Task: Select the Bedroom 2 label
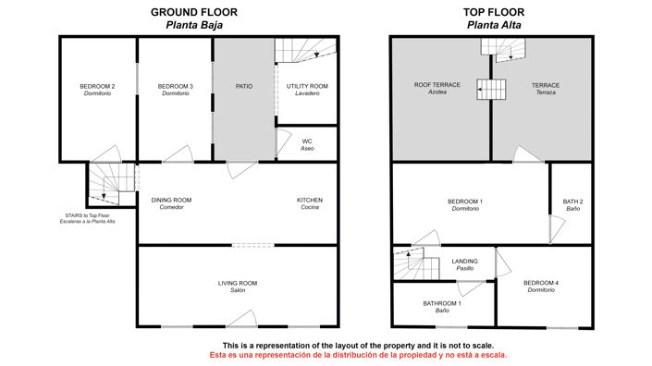[97, 90]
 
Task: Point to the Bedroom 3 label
[176, 90]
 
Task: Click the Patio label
[244, 86]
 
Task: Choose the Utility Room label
[307, 90]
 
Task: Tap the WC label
[307, 144]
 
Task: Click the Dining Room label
[171, 203]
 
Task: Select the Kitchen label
[310, 203]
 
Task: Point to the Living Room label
[238, 287]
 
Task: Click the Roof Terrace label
[437, 88]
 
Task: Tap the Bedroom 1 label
[465, 205]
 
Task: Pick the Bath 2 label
[573, 205]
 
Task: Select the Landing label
[465, 264]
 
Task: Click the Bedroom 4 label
[541, 287]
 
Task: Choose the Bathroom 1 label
[442, 307]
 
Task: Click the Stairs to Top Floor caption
[87, 218]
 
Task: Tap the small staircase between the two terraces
[491, 90]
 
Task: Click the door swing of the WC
[284, 142]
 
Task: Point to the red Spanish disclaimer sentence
[358, 355]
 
